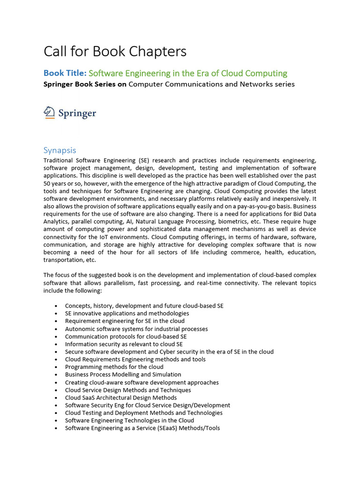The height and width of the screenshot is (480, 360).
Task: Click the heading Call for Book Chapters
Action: click(x=115, y=51)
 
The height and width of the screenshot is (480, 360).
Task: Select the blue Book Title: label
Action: click(x=65, y=73)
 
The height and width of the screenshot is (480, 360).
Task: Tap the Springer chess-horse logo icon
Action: click(x=49, y=112)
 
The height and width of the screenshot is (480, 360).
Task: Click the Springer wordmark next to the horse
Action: click(x=77, y=113)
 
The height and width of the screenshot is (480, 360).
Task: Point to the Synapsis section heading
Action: click(x=60, y=150)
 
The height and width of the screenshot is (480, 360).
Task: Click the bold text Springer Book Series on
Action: click(x=85, y=84)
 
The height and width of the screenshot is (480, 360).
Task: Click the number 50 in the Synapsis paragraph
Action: click(x=48, y=183)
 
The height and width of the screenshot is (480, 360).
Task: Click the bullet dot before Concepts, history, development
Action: click(x=56, y=306)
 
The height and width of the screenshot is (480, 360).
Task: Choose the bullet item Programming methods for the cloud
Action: click(x=114, y=367)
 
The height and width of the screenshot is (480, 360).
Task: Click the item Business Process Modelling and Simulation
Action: click(x=123, y=375)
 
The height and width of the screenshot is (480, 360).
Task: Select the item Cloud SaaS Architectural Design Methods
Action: click(x=121, y=397)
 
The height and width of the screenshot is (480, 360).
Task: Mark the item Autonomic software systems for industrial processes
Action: click(x=136, y=329)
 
